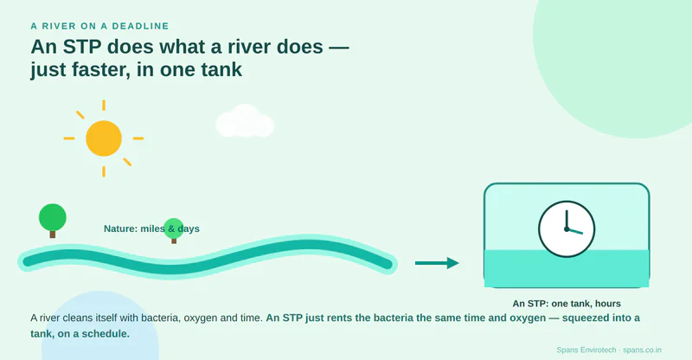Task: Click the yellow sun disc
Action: click(104, 138)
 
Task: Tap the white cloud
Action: click(245, 121)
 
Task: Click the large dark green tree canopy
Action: click(53, 217)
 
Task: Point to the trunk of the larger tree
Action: click(53, 235)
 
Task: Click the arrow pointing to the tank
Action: click(437, 263)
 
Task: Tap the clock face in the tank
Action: click(567, 229)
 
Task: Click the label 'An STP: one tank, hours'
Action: click(567, 304)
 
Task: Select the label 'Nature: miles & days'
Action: click(151, 228)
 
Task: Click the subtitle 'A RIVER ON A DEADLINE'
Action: click(99, 26)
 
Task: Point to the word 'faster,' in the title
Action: click(103, 70)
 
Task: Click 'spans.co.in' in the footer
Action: click(642, 350)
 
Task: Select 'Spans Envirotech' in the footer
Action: click(586, 350)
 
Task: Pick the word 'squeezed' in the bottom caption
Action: click(582, 318)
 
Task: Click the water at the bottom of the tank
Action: click(567, 268)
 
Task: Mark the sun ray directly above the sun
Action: click(104, 105)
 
